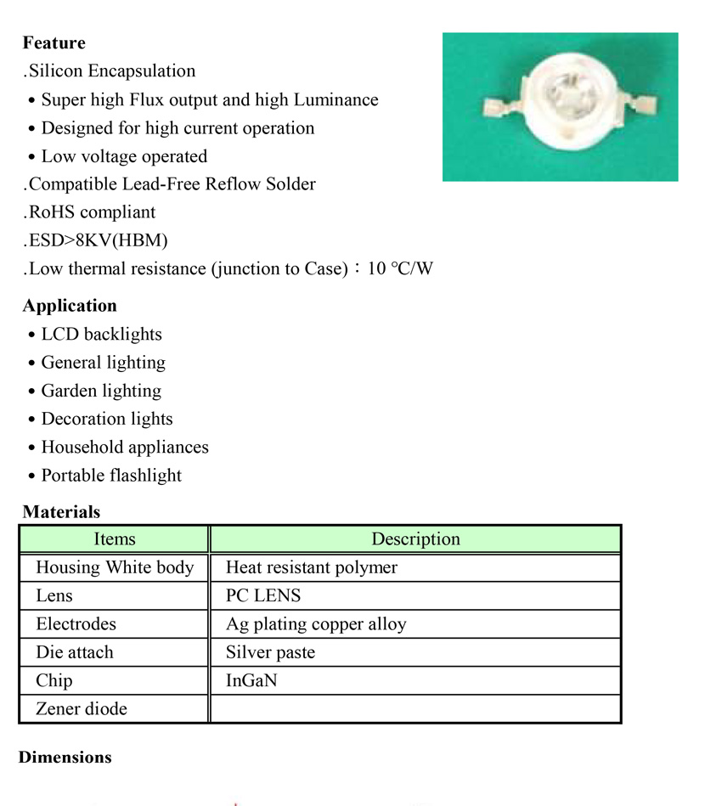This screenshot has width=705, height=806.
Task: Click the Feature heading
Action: coord(54,43)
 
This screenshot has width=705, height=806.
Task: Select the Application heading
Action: coord(70,306)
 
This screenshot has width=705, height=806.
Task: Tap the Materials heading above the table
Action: coord(61,512)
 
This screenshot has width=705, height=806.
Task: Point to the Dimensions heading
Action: coord(65,758)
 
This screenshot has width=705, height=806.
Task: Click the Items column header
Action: coord(114,539)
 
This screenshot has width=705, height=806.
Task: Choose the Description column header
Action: coord(415,539)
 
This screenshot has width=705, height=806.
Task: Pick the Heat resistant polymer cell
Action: coord(311,567)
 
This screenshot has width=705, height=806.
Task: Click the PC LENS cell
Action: coord(263,596)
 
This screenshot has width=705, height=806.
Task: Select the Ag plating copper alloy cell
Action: coord(316,624)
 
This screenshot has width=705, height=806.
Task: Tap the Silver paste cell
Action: coord(270,652)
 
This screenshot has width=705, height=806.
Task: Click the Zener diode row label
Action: coord(82,708)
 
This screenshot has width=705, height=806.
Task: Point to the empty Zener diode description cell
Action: coord(415,708)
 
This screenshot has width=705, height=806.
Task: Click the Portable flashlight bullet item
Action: coord(111,476)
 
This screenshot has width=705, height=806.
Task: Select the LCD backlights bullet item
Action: coord(101,335)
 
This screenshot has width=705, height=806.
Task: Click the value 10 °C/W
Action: coord(400,269)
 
